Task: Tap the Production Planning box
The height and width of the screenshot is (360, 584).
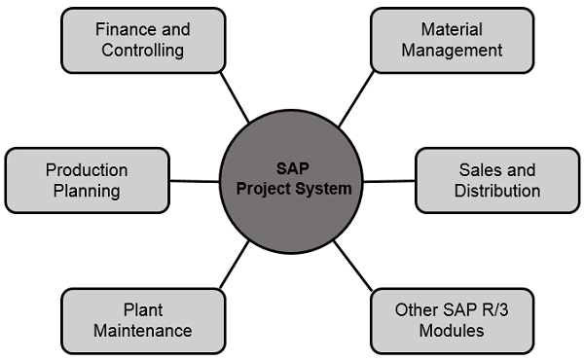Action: click(x=87, y=180)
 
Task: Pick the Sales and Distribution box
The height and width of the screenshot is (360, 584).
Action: click(x=496, y=180)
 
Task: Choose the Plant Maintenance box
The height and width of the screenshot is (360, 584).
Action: click(x=142, y=320)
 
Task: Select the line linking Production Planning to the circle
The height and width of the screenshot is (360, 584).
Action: click(x=195, y=180)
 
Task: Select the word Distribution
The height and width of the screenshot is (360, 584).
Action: click(x=496, y=191)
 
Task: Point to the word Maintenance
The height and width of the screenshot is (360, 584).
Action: click(x=142, y=331)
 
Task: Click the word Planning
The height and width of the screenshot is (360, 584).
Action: click(x=87, y=191)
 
